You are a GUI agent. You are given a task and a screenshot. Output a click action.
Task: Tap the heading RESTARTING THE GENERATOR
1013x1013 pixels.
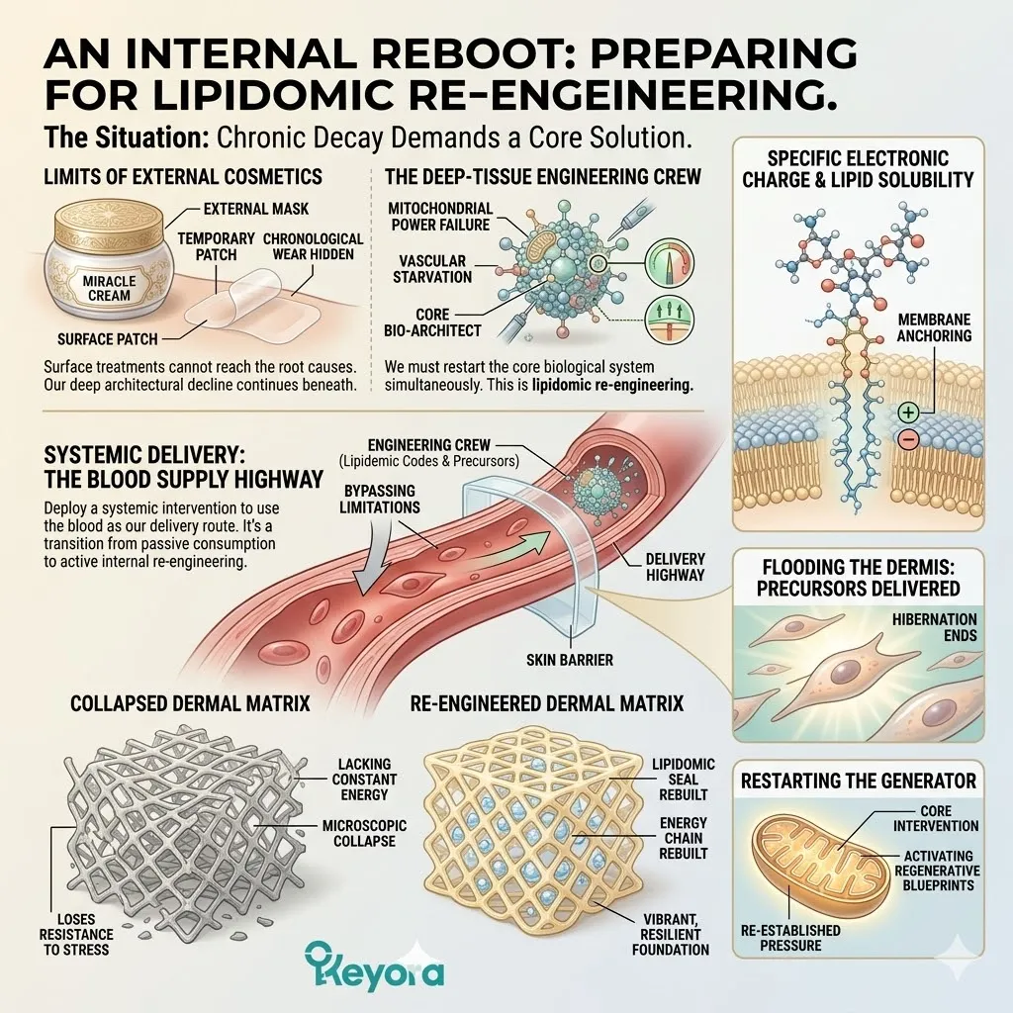pos(859,781)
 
